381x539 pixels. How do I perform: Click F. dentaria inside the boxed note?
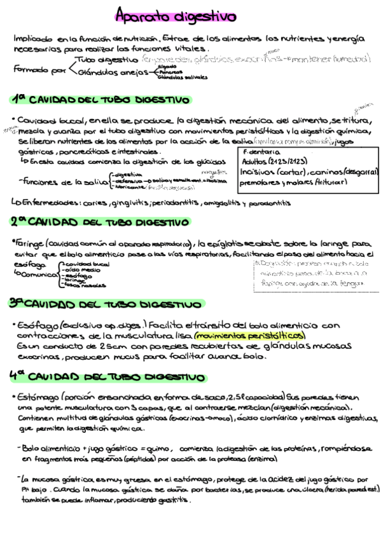[x=261, y=153]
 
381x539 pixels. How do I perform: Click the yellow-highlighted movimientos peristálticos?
[x=250, y=335]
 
